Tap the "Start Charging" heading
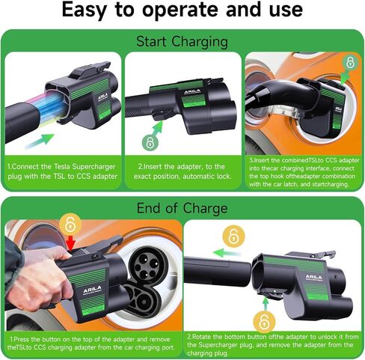click(x=182, y=41)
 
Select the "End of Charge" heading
click(x=182, y=208)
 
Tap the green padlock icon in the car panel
click(x=350, y=62)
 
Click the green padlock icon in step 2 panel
click(x=150, y=143)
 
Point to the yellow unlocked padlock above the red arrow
click(x=70, y=225)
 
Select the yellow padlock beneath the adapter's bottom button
click(x=264, y=322)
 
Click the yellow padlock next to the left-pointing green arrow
click(x=233, y=236)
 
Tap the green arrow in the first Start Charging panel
click(x=40, y=141)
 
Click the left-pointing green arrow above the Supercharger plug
click(x=227, y=253)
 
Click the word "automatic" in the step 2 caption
click(x=199, y=177)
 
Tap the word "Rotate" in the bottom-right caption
click(x=207, y=337)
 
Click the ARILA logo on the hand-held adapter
click(x=92, y=290)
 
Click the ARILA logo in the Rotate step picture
click(x=314, y=278)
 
